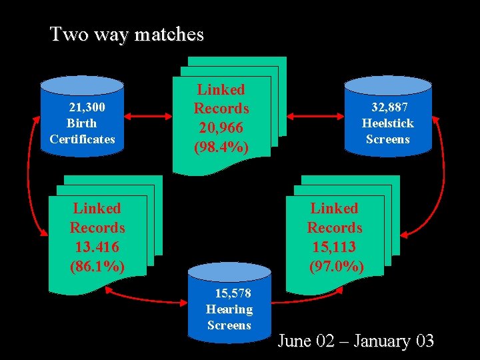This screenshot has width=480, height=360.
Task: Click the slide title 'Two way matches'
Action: point(127,34)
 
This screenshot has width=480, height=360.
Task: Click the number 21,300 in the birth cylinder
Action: point(87,107)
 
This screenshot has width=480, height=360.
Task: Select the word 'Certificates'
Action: point(82,139)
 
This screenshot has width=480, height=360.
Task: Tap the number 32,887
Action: point(390,107)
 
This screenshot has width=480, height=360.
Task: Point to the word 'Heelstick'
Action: point(387,123)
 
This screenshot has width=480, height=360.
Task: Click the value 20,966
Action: point(221,127)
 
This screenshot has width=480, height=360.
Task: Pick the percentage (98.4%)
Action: point(221,146)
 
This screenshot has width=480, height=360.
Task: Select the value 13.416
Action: point(97,247)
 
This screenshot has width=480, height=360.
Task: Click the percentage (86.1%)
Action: point(97,266)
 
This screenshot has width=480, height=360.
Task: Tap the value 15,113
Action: point(334,247)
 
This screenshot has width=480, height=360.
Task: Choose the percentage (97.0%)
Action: point(337,266)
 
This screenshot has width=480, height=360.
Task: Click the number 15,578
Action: point(232,293)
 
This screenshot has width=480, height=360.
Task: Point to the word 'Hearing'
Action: point(229,309)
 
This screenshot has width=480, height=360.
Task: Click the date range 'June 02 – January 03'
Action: point(355,341)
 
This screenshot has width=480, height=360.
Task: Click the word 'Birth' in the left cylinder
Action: point(81,123)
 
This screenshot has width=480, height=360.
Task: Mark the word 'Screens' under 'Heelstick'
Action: point(387,139)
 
